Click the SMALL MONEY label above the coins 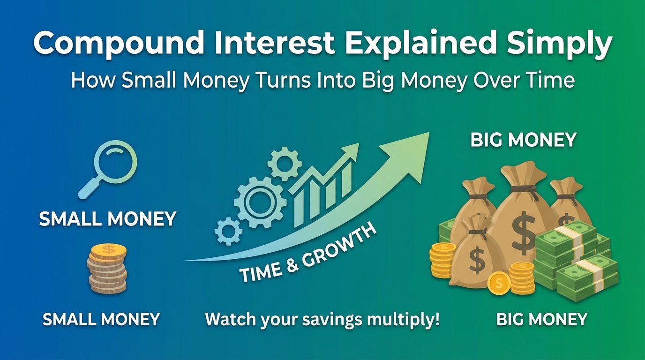pyautogui.click(x=107, y=219)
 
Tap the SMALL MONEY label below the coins pyautogui.click(x=101, y=319)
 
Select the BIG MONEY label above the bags pyautogui.click(x=523, y=140)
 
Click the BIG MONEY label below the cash pyautogui.click(x=541, y=319)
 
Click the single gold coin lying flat pyautogui.click(x=499, y=283)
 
